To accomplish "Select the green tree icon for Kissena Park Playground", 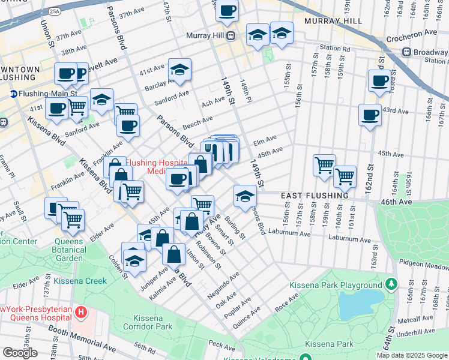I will [392, 282].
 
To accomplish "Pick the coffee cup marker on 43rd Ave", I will [370, 113].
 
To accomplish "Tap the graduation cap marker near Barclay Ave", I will [179, 70].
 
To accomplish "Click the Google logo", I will [20, 353].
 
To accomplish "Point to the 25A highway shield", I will [55, 11].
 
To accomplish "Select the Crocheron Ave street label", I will [414, 32].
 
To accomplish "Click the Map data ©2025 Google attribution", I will [412, 355].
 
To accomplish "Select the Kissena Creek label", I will [80, 281].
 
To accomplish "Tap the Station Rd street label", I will [334, 48].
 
